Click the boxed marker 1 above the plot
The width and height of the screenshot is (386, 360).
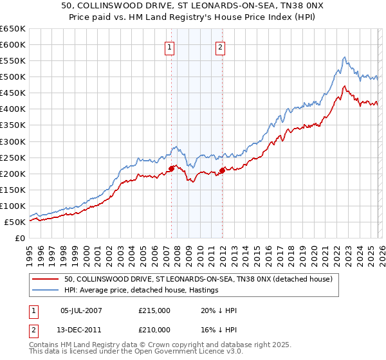170,47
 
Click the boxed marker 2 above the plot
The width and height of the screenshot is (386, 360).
221,47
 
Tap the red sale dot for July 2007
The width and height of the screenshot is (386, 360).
171,168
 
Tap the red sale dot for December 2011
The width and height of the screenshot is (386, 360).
222,170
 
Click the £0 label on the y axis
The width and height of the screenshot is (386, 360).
21,239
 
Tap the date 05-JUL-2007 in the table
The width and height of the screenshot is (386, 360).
84,310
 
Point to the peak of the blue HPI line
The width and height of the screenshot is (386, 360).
344,57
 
